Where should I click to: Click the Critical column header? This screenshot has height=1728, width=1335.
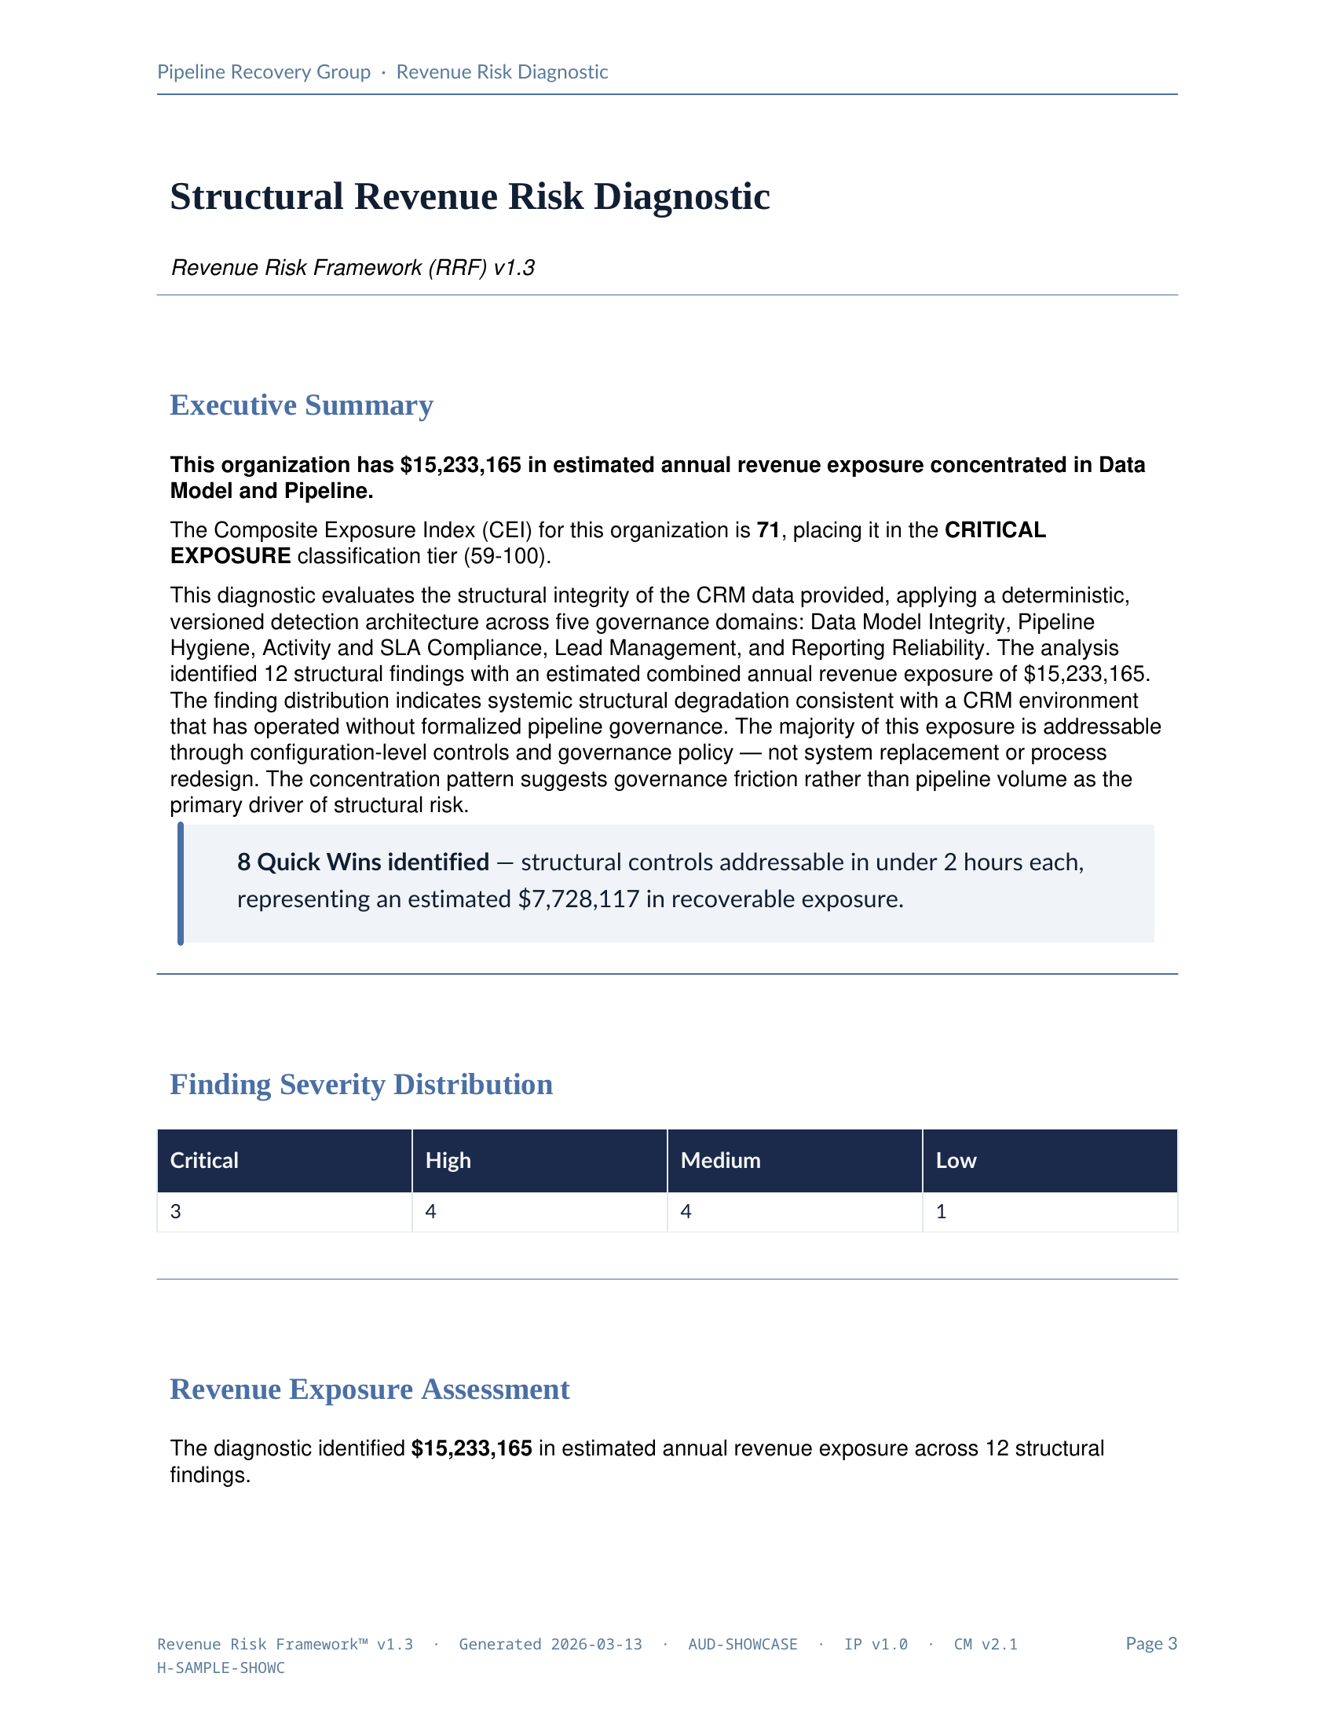204,1160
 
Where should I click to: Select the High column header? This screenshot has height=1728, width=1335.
448,1160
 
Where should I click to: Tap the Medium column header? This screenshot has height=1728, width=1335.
719,1160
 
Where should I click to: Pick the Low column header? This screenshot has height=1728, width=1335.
956,1160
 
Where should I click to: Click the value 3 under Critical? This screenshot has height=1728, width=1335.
176,1211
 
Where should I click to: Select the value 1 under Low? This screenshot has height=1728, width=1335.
941,1211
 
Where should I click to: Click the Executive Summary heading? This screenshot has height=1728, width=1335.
302,405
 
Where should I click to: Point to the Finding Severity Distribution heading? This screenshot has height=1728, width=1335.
360,1084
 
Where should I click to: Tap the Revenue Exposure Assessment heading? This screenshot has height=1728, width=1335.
369,1389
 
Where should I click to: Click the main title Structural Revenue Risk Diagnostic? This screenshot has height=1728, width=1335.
470,196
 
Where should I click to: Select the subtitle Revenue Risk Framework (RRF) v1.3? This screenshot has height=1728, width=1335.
353,267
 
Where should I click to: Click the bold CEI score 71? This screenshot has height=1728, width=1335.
768,530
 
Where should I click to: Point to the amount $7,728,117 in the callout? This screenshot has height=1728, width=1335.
578,899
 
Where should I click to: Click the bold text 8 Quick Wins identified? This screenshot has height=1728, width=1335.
363,862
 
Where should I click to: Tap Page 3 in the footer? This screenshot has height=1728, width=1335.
1150,1643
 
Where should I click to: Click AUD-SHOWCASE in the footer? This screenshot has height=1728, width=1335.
742,1644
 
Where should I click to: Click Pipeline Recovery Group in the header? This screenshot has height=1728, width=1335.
263,72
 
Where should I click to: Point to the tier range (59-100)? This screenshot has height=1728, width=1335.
507,556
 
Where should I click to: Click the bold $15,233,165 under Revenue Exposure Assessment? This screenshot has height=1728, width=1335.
471,1448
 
